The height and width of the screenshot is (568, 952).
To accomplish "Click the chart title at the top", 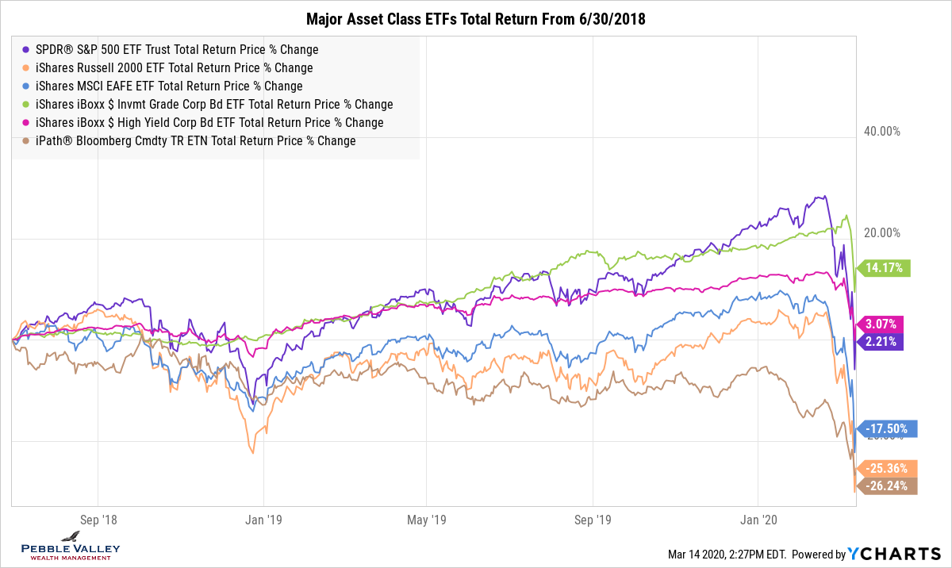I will click(x=475, y=19).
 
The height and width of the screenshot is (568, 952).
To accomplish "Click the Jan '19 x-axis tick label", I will click(x=263, y=520).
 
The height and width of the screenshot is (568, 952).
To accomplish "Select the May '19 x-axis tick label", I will click(x=427, y=520).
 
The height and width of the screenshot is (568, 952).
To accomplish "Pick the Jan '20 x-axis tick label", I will click(x=758, y=520).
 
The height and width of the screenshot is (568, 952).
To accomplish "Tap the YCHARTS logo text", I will click(x=894, y=555).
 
